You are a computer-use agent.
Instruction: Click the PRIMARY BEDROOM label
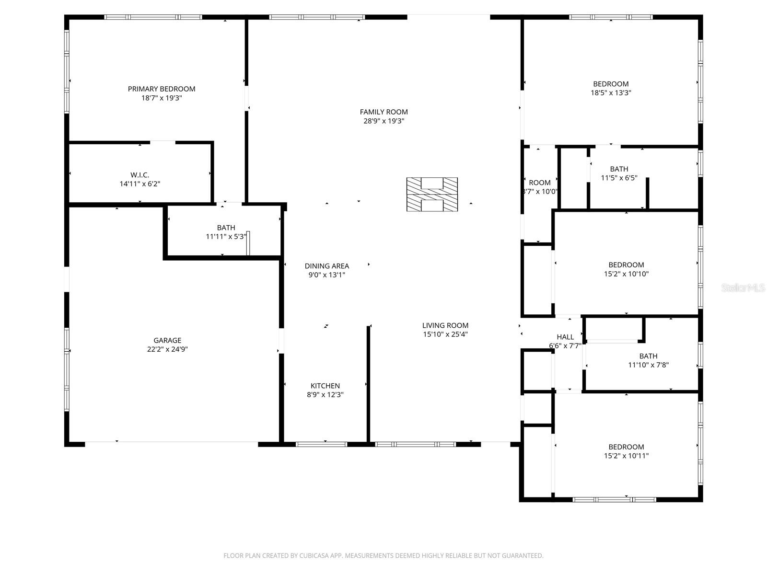pyautogui.click(x=162, y=89)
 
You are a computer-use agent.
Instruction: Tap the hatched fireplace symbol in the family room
pyautogui.click(x=432, y=195)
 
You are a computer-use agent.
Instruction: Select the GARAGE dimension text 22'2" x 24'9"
pyautogui.click(x=167, y=349)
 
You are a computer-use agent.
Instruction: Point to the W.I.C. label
pyautogui.click(x=139, y=175)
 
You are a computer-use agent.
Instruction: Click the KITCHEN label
pyautogui.click(x=325, y=386)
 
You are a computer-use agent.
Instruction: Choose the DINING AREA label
pyautogui.click(x=327, y=266)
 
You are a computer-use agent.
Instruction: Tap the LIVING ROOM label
pyautogui.click(x=445, y=325)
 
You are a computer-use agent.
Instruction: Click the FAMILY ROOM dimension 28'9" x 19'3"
pyautogui.click(x=383, y=121)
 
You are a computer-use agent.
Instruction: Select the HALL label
pyautogui.click(x=565, y=337)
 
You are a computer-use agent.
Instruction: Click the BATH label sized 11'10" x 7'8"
pyautogui.click(x=648, y=356)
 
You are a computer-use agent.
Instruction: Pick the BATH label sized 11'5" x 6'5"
pyautogui.click(x=619, y=169)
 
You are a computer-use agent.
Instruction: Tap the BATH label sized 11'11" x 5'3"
pyautogui.click(x=226, y=228)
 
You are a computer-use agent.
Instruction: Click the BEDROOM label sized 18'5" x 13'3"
pyautogui.click(x=611, y=84)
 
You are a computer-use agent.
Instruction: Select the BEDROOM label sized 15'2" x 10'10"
pyautogui.click(x=626, y=265)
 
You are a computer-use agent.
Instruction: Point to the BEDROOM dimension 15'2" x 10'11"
pyautogui.click(x=626, y=456)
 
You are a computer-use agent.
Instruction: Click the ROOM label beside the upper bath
pyautogui.click(x=540, y=183)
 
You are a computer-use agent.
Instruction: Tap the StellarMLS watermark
pyautogui.click(x=743, y=288)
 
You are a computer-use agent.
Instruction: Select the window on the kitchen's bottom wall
pyautogui.click(x=321, y=444)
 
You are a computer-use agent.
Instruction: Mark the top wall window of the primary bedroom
pyautogui.click(x=153, y=17)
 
